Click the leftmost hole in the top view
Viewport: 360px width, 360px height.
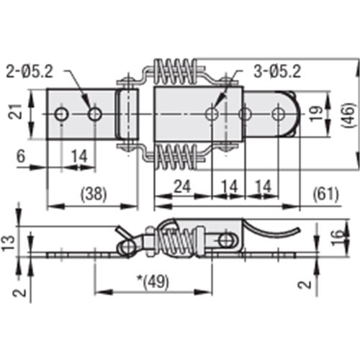pos(63,114)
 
